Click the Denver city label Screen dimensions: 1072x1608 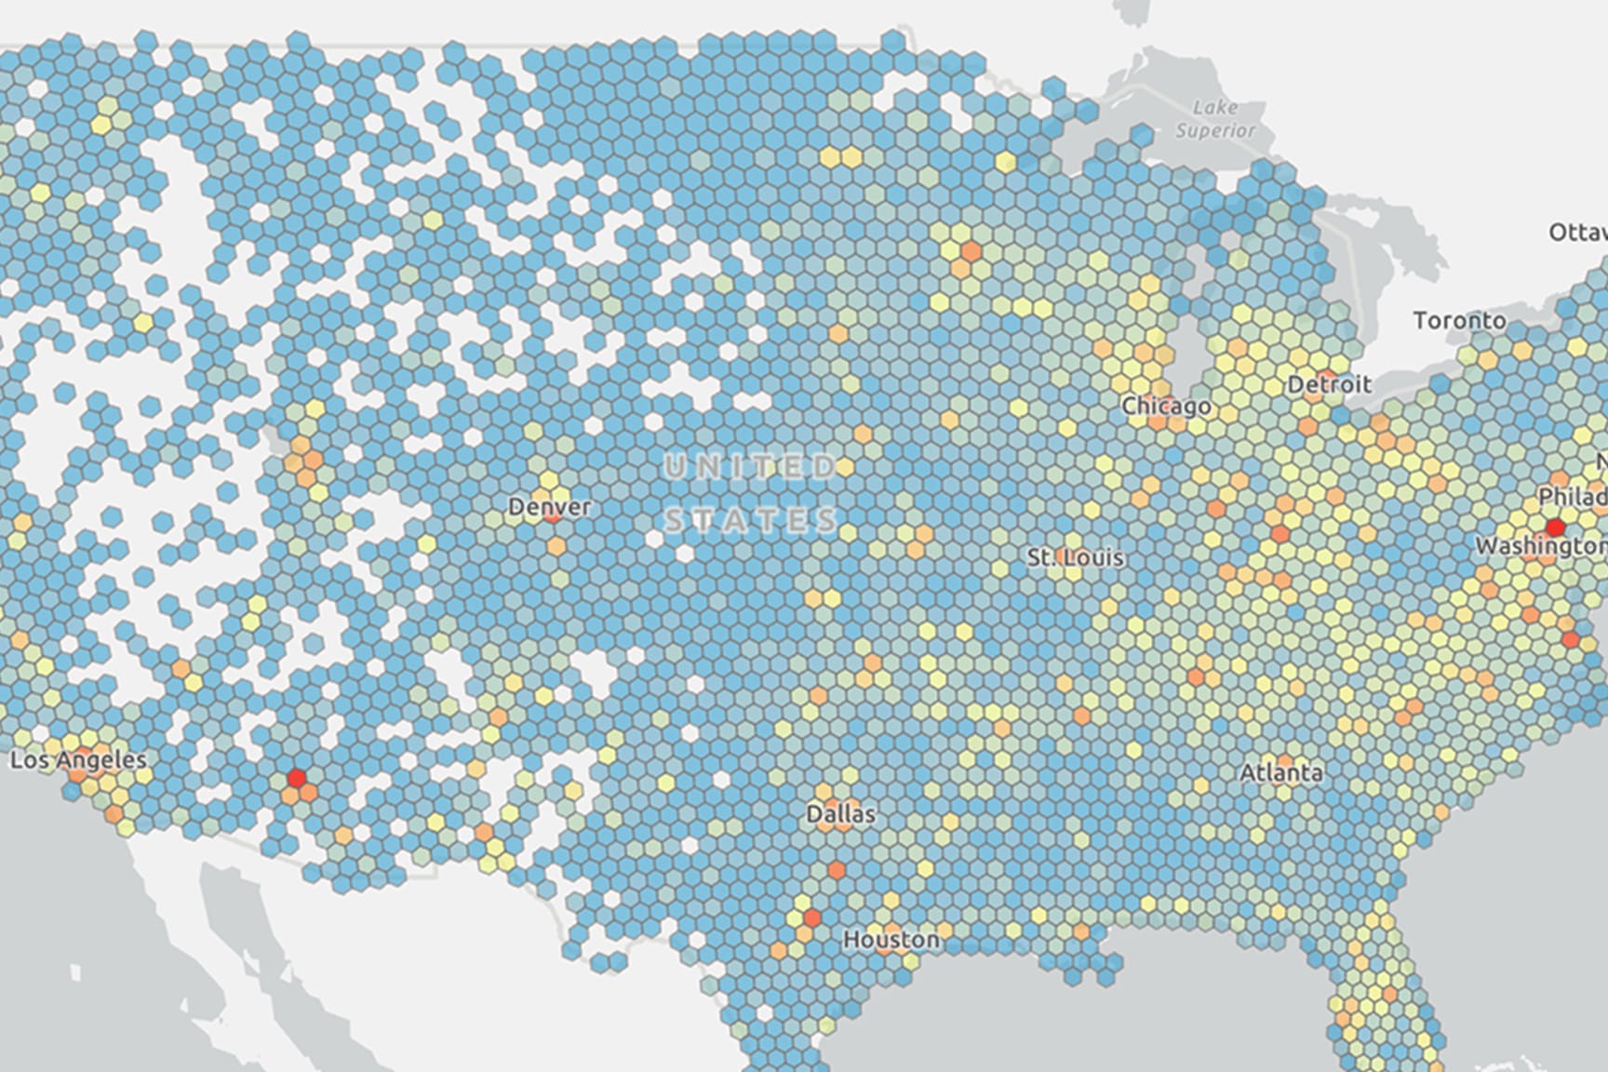(x=549, y=507)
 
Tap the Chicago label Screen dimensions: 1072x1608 (x=1166, y=407)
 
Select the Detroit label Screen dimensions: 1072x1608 (x=1329, y=384)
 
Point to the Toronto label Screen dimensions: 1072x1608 (x=1459, y=321)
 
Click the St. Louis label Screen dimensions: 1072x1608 (x=1076, y=558)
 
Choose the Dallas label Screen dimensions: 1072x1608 (x=840, y=814)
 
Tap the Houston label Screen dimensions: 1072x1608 (x=891, y=940)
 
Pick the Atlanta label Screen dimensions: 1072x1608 (x=1280, y=772)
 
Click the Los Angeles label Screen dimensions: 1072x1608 (x=78, y=760)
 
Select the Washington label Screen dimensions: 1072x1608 (x=1540, y=546)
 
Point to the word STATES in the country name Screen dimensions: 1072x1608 (x=752, y=519)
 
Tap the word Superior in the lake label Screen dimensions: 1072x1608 (x=1215, y=130)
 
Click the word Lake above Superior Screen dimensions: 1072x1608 (x=1215, y=107)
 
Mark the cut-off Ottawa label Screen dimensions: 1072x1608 (x=1578, y=233)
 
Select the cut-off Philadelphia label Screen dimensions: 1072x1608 (x=1573, y=496)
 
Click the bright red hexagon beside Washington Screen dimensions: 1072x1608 (x=1554, y=528)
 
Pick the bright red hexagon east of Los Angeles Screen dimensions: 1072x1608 (x=297, y=777)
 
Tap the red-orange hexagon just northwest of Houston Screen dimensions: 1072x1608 (x=811, y=918)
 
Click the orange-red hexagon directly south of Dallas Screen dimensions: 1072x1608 (x=836, y=870)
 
